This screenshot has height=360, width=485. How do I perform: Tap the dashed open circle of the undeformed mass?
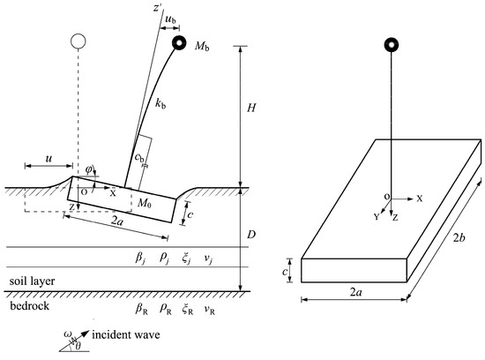pyautogui.click(x=78, y=41)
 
